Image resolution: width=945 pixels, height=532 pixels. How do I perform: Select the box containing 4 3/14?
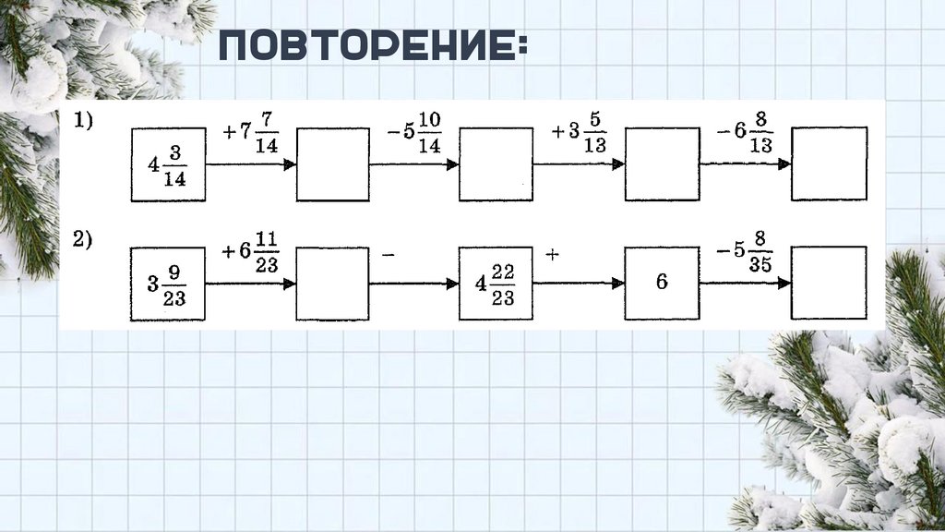pyautogui.click(x=168, y=165)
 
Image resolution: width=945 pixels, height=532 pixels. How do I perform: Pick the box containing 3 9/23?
pyautogui.click(x=168, y=284)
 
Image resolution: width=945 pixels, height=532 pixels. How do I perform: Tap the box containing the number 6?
pyautogui.click(x=662, y=283)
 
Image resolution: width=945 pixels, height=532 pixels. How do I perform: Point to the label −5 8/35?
pyautogui.click(x=746, y=255)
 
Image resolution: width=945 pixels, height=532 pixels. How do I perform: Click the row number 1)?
pyautogui.click(x=84, y=121)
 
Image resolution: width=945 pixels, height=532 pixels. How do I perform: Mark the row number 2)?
pyautogui.click(x=84, y=240)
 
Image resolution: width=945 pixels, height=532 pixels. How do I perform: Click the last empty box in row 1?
pyautogui.click(x=829, y=163)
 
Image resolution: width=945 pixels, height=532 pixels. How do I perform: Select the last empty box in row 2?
pyautogui.click(x=829, y=283)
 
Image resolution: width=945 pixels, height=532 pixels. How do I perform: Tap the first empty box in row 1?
pyautogui.click(x=333, y=163)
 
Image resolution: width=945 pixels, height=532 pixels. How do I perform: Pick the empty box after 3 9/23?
pyautogui.click(x=333, y=283)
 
